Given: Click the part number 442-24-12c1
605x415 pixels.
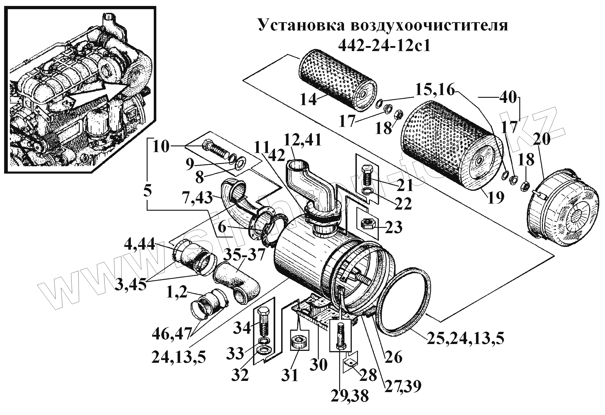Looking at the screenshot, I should pos(384,46).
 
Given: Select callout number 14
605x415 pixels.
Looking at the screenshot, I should pos(308,99).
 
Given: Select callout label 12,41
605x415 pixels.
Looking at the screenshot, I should pos(303,140).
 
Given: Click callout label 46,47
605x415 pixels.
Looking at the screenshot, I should pos(171,334).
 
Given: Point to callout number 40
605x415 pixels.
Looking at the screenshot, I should pos(508,98).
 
